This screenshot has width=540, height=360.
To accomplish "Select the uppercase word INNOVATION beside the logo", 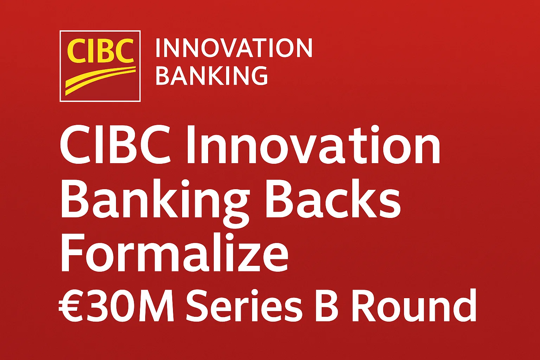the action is (234, 48).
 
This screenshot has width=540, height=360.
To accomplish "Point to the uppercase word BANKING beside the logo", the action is (212, 76).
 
